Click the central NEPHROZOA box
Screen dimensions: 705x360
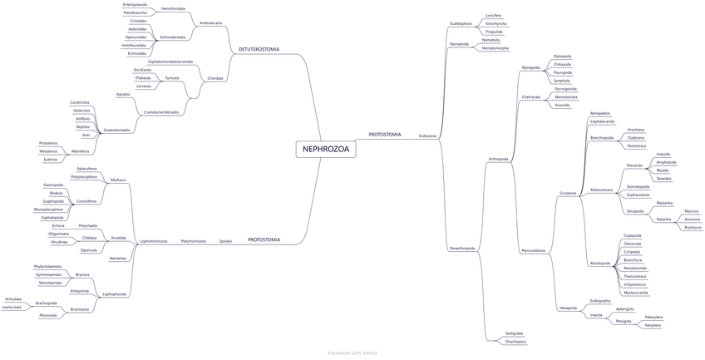(x=326, y=149)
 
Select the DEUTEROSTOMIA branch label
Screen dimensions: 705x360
(x=259, y=49)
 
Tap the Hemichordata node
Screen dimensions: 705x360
(x=173, y=8)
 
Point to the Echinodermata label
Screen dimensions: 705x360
(x=173, y=37)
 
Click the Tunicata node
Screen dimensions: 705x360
(x=172, y=77)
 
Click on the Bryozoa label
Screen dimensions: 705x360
(x=82, y=274)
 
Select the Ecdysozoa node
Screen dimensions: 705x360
(x=427, y=135)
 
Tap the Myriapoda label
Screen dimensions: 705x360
(x=530, y=67)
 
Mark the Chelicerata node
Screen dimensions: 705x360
(x=531, y=97)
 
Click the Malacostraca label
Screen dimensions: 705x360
(x=601, y=190)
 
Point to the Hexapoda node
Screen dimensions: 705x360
(x=569, y=308)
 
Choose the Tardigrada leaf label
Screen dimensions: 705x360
(x=514, y=333)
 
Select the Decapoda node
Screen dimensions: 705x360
(x=635, y=210)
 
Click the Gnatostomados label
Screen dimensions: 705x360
(x=117, y=130)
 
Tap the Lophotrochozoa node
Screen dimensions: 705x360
(x=154, y=241)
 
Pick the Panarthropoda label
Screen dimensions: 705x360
(x=462, y=248)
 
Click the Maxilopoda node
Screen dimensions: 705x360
(x=601, y=263)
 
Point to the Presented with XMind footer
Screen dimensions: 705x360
(x=352, y=353)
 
